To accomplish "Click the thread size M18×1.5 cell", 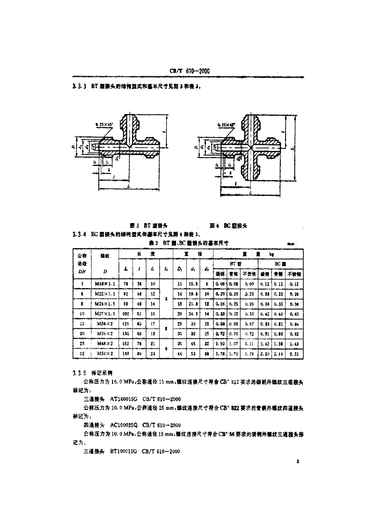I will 105,283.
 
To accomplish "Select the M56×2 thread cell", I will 105,354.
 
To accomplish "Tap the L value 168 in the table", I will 126,354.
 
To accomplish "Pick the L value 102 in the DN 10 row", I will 126,314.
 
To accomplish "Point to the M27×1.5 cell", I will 105,314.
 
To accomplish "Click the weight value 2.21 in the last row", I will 293,354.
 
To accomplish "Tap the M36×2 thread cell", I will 105,323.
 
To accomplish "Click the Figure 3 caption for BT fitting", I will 146,225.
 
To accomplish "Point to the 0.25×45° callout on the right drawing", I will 225,124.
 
